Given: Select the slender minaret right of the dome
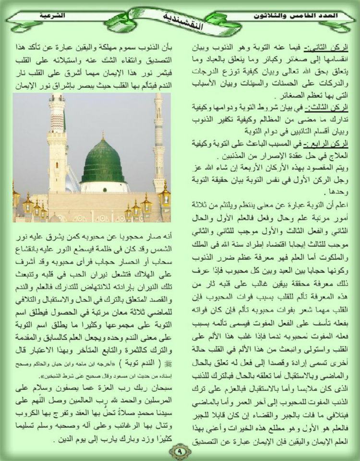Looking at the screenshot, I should tap(158, 144).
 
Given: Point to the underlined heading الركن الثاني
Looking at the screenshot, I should tap(334, 48).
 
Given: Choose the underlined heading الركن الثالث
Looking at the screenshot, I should tap(333, 107).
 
